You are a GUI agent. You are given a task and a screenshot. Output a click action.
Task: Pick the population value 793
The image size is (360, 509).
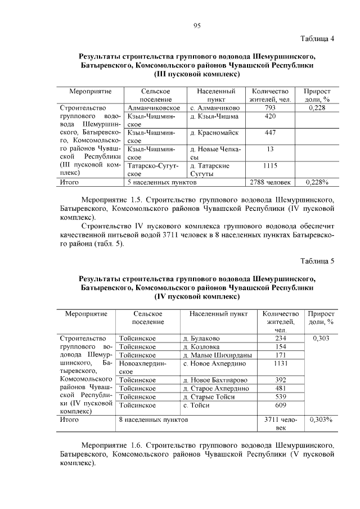(x=270, y=107)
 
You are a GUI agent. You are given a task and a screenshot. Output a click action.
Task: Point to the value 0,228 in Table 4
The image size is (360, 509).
(x=317, y=107)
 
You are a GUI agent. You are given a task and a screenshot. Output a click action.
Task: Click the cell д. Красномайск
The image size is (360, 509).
(x=214, y=133)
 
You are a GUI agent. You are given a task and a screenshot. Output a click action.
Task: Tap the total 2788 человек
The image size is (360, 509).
(x=270, y=182)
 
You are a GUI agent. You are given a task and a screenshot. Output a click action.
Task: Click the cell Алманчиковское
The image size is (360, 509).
(x=154, y=107)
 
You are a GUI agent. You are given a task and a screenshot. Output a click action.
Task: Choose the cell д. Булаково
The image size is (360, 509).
(x=201, y=339)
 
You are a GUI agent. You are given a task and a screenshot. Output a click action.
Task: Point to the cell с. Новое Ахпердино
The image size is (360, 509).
(x=215, y=364)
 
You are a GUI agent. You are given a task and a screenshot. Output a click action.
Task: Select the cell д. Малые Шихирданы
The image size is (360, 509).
(x=218, y=355)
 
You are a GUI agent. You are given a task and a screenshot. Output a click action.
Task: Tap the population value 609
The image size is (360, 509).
(x=280, y=406)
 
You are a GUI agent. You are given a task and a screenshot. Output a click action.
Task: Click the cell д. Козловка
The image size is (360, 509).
(x=202, y=347)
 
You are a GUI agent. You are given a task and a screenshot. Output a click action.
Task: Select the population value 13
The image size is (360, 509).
(x=270, y=149)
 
